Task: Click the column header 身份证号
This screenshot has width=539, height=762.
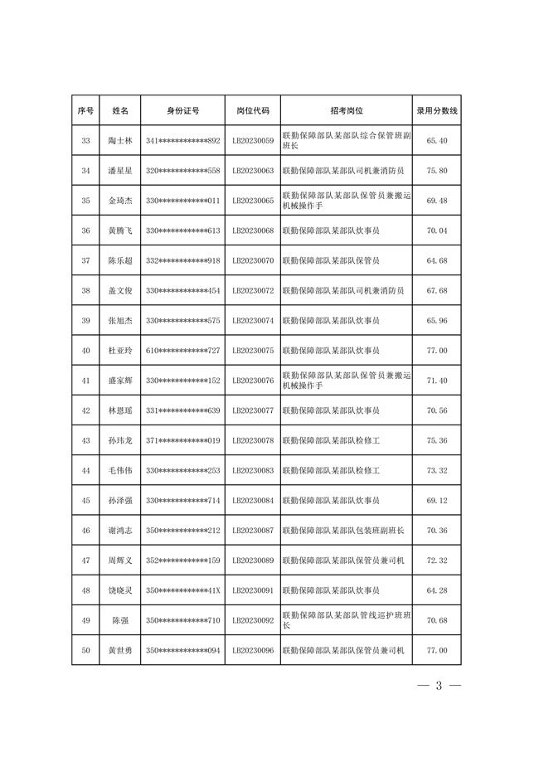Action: click(x=182, y=110)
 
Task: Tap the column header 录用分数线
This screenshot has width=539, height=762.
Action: click(x=436, y=110)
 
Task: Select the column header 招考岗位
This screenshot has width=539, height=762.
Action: click(x=347, y=110)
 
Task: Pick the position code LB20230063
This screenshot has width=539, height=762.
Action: click(x=253, y=171)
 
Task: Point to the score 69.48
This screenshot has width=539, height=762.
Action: click(x=436, y=201)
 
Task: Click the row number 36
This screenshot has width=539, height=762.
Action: click(x=85, y=231)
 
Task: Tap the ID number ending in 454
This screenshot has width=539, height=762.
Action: click(x=182, y=291)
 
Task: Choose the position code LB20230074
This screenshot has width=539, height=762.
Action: click(x=253, y=321)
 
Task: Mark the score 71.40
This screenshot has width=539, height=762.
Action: click(x=436, y=381)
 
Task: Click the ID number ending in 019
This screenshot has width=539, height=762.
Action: click(x=182, y=440)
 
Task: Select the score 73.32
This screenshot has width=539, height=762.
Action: click(x=436, y=471)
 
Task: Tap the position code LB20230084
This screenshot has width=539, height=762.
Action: click(x=253, y=501)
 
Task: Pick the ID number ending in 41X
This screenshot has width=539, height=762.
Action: click(x=182, y=590)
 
